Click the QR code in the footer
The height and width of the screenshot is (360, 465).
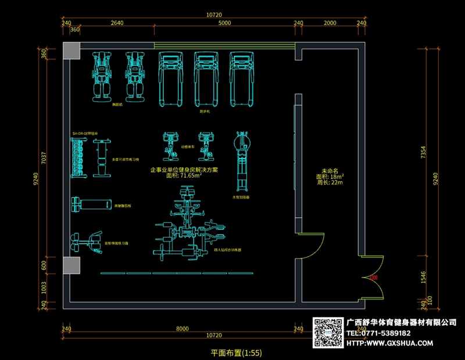click(x=329, y=333)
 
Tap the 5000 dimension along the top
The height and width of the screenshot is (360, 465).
click(x=224, y=23)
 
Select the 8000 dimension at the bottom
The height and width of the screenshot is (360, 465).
click(x=183, y=329)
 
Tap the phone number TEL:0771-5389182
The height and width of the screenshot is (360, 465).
click(x=379, y=333)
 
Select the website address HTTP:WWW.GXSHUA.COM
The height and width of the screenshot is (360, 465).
click(x=389, y=343)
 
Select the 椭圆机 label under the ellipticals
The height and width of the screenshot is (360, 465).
click(x=119, y=106)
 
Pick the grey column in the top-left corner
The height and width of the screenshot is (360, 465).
click(x=72, y=51)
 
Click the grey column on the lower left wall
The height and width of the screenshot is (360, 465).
click(x=71, y=266)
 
